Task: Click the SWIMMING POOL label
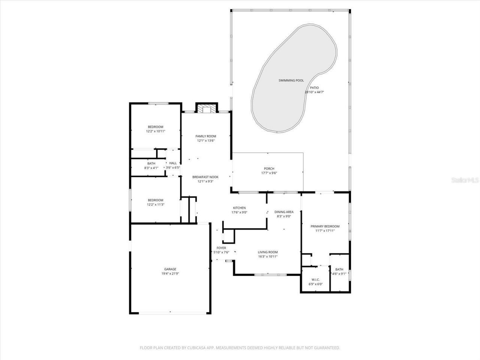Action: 291,81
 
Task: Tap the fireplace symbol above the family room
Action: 206,109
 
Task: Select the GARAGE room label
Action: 170,269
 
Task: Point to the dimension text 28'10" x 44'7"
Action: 314,92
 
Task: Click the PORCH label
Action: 269,169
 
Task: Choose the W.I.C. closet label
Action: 315,279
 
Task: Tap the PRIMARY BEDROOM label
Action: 325,226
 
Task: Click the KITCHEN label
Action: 239,208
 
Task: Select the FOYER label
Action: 221,248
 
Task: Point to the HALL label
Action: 173,163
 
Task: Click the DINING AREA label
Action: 284,212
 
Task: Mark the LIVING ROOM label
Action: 268,252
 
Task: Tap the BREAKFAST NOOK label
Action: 205,177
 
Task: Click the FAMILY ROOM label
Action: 206,136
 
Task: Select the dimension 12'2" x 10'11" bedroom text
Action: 156,131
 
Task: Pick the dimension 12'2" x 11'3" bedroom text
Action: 156,204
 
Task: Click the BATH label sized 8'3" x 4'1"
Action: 151,163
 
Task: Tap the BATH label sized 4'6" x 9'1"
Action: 339,270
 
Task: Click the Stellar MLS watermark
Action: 465,180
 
